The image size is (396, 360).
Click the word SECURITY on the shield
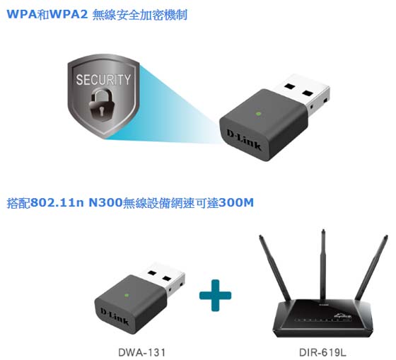(103, 79)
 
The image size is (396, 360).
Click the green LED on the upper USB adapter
(258, 113)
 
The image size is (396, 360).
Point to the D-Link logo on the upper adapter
(243, 140)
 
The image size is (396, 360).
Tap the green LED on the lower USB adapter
(127, 295)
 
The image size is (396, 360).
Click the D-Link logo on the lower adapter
(115, 316)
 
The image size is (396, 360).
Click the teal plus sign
(215, 296)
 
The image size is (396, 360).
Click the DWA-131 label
(141, 352)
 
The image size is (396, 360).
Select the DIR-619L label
(322, 352)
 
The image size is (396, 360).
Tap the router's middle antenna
(323, 265)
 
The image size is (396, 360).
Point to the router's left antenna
(276, 268)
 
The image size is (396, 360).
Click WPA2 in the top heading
(69, 14)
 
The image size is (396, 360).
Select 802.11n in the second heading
(57, 202)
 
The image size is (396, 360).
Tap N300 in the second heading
(105, 202)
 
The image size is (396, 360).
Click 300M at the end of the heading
(236, 202)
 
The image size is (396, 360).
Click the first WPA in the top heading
(22, 14)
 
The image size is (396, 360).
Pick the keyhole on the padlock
(101, 110)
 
